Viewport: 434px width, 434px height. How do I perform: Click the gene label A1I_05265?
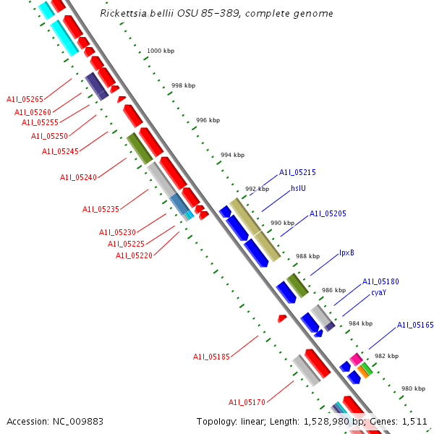click(x=25, y=99)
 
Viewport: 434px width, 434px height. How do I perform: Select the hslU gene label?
click(x=298, y=188)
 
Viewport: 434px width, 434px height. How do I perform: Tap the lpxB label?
click(x=346, y=253)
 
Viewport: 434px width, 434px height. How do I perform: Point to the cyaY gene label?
click(x=378, y=293)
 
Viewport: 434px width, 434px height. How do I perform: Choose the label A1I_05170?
click(x=247, y=402)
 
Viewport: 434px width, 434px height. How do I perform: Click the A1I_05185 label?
click(x=210, y=357)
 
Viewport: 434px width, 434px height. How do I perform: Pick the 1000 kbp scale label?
click(x=160, y=51)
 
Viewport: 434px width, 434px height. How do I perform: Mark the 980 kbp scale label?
click(x=413, y=388)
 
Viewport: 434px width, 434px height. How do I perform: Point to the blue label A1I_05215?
click(x=297, y=173)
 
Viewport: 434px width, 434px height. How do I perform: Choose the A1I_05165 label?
click(x=415, y=326)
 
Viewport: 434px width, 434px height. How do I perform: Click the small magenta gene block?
click(x=356, y=359)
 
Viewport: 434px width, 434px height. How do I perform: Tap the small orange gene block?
click(x=362, y=372)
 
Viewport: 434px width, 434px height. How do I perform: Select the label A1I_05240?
click(x=78, y=177)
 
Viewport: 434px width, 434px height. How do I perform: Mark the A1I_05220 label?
click(x=134, y=255)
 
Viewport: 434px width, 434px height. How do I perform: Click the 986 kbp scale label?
click(x=333, y=290)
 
